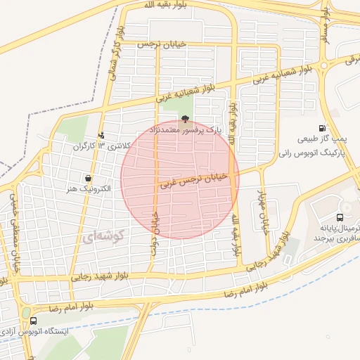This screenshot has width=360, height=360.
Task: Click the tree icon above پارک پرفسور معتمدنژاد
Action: pos(185,120)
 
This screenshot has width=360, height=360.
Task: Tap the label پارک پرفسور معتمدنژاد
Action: pos(184,131)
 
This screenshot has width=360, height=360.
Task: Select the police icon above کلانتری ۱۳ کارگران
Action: pos(102,135)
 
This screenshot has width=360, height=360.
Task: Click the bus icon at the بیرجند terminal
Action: pos(340,217)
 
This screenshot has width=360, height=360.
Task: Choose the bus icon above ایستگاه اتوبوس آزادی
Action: pos(34,320)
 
